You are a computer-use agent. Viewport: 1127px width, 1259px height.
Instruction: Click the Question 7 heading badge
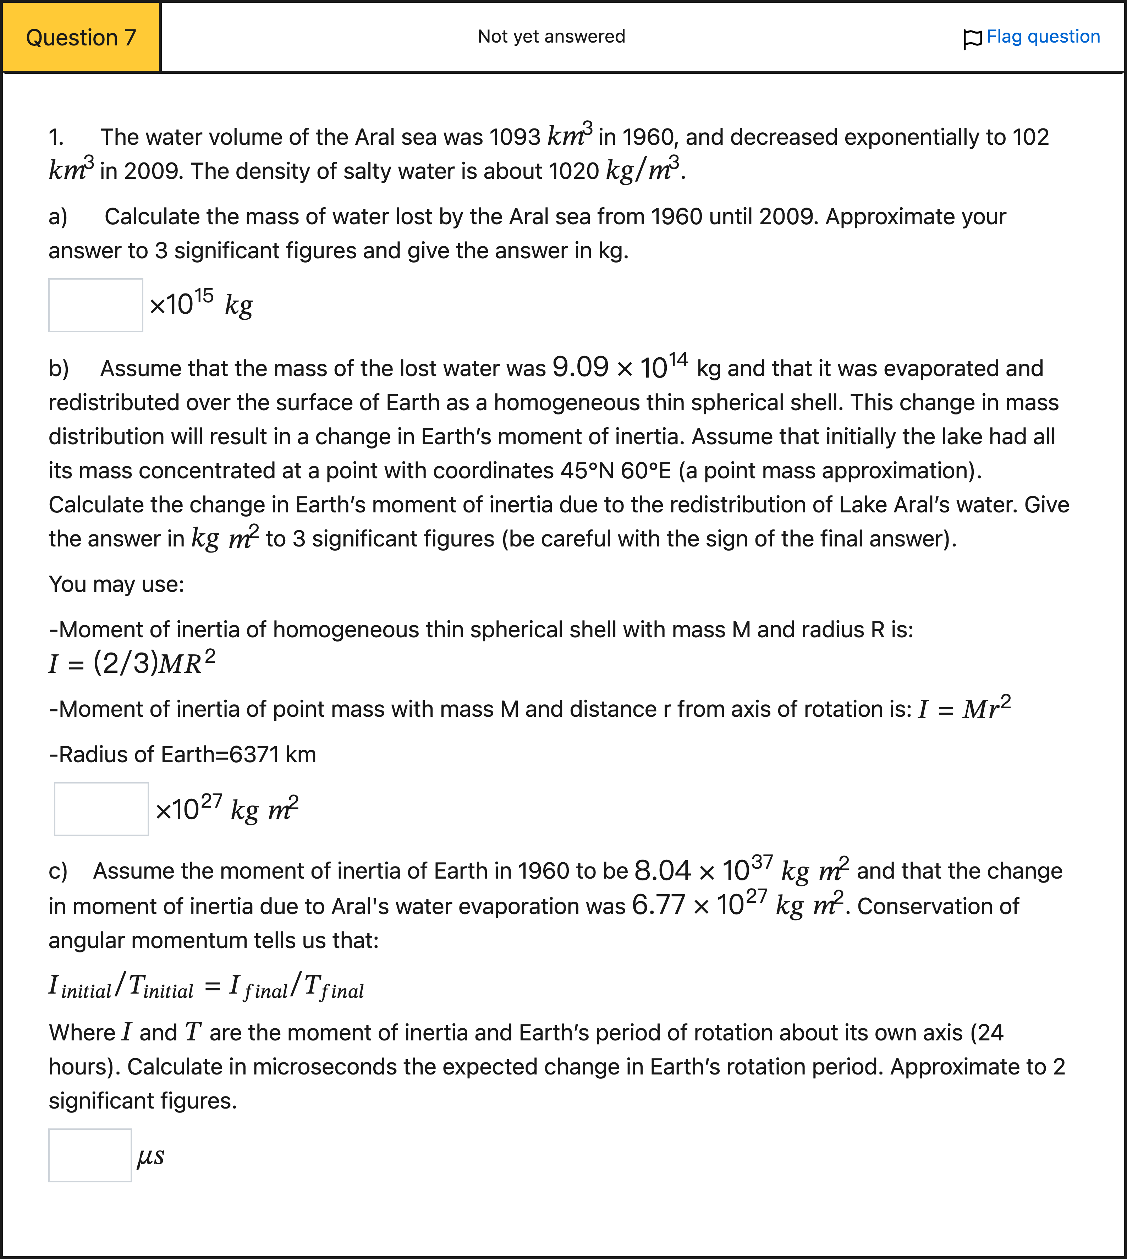[81, 38]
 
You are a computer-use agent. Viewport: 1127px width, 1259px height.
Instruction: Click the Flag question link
[1043, 37]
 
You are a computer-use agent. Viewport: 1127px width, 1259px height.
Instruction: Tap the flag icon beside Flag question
[972, 39]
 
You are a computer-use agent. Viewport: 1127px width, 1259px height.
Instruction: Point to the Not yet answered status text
[551, 37]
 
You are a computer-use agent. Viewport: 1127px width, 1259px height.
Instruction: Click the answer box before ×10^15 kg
[96, 305]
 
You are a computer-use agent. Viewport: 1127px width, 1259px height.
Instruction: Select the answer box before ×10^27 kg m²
[101, 809]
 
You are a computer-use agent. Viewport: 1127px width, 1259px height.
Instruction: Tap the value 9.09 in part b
[580, 368]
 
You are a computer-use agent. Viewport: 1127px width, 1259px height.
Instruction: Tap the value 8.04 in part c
[662, 871]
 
